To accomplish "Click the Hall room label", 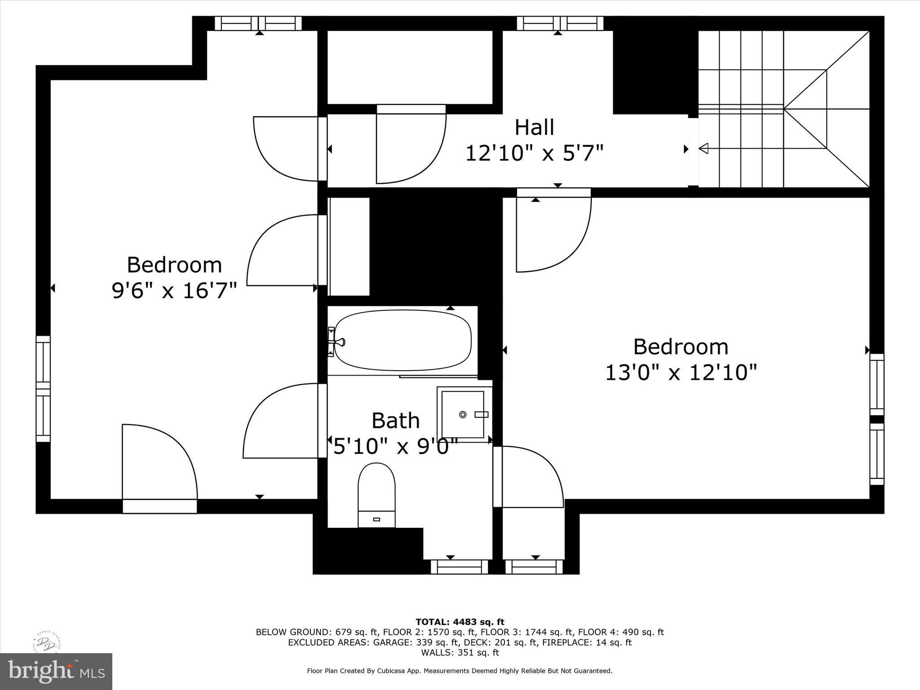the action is tap(534, 127).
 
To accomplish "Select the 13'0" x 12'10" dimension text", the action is tap(681, 372).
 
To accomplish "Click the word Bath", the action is tap(396, 421).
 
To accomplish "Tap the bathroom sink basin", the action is tap(463, 414).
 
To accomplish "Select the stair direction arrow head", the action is tap(703, 148).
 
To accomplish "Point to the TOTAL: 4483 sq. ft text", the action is tap(460, 622).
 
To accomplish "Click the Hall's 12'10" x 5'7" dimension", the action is tap(534, 153).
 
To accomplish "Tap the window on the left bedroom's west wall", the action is tap(43, 389).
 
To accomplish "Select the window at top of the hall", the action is tap(560, 23).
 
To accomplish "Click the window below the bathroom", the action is tap(460, 567).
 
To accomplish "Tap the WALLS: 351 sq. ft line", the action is tap(460, 653).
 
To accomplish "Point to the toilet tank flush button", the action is tap(376, 519).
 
